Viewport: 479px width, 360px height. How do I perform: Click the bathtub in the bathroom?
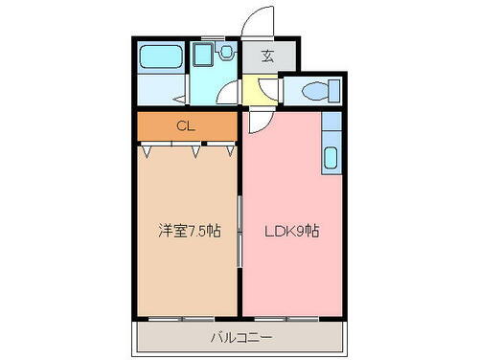point(160,56)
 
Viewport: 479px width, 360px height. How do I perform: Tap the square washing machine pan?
point(203,56)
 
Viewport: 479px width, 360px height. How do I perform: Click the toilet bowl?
point(314,92)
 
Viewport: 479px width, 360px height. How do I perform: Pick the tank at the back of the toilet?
point(332,92)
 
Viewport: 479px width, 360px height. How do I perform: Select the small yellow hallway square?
point(252,91)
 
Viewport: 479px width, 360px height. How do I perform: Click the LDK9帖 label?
point(290,231)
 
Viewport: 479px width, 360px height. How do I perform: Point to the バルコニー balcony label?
point(240,337)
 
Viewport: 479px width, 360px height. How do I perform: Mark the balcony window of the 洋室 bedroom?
point(185,317)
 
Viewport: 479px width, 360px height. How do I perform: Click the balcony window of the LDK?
point(287,317)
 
